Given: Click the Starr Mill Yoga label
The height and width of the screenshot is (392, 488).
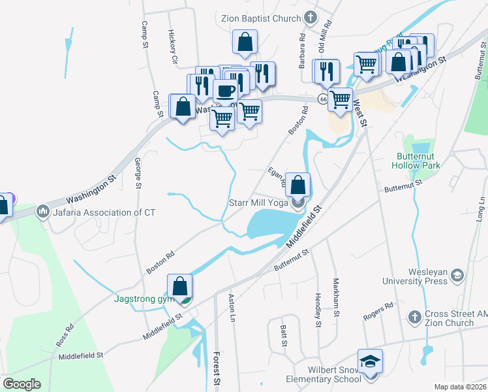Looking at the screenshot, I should (258, 203).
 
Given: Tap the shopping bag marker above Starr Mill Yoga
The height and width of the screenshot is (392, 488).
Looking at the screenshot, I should (298, 185).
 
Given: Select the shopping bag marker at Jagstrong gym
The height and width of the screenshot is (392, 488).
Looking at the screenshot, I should (179, 286).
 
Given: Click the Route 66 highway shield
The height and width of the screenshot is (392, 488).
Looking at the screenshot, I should (323, 99).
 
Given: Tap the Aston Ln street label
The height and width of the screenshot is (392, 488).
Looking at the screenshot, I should (232, 306).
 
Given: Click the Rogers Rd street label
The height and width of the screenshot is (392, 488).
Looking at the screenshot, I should (379, 311).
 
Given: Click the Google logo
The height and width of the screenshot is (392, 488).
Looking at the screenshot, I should (22, 384).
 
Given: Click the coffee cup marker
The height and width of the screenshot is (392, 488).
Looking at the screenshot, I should (226, 91).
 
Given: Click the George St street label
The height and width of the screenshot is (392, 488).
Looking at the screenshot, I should (138, 173).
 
